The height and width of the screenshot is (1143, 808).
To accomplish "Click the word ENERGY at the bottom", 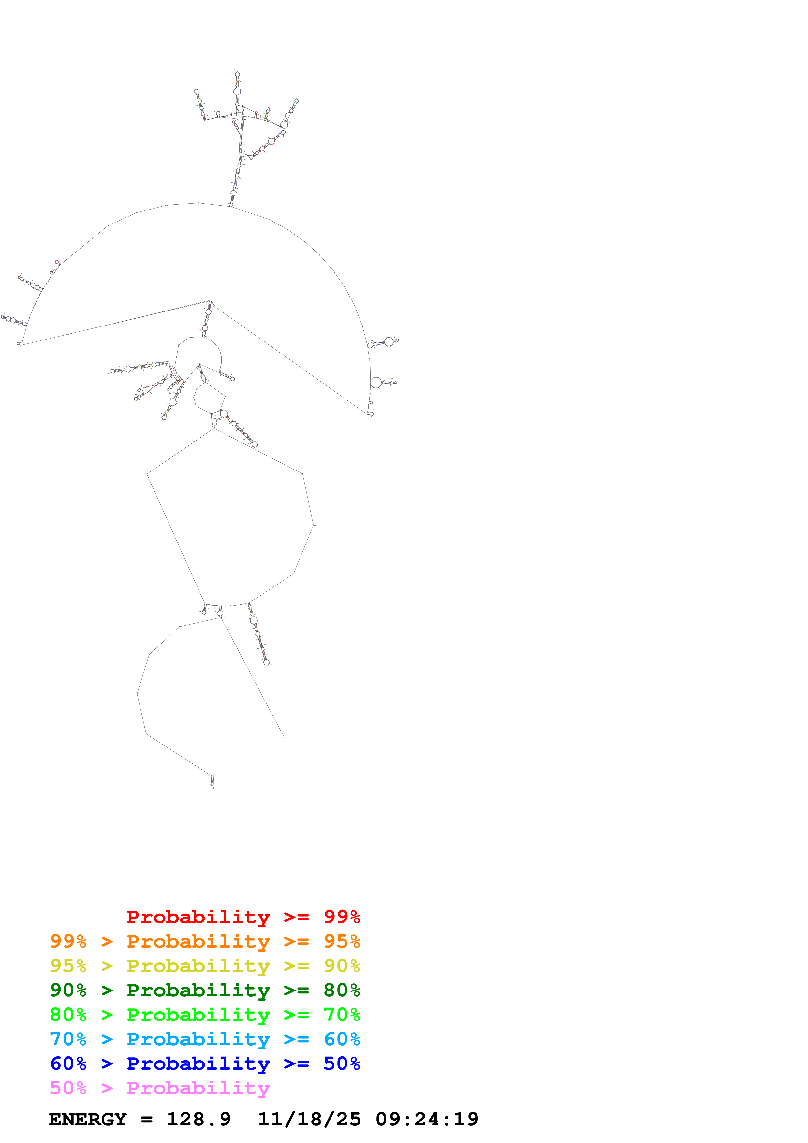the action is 88,1119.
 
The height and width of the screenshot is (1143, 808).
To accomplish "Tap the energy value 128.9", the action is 198,1119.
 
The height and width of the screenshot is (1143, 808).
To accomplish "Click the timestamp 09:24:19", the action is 427,1119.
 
